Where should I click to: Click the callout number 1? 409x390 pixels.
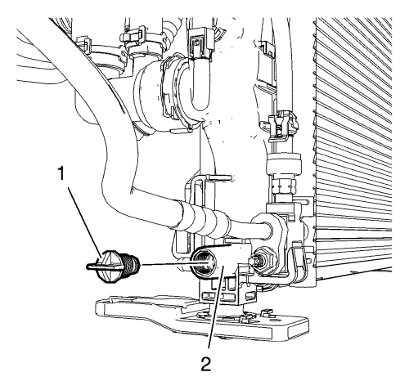coord(61,173)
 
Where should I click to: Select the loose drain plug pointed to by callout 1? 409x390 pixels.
coord(113,266)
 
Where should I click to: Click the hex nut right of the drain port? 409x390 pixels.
coord(263,260)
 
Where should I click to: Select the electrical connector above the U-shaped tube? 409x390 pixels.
coord(200,43)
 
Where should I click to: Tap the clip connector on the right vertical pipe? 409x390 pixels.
coord(283,126)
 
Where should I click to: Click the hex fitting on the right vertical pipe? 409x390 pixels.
coord(284,185)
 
